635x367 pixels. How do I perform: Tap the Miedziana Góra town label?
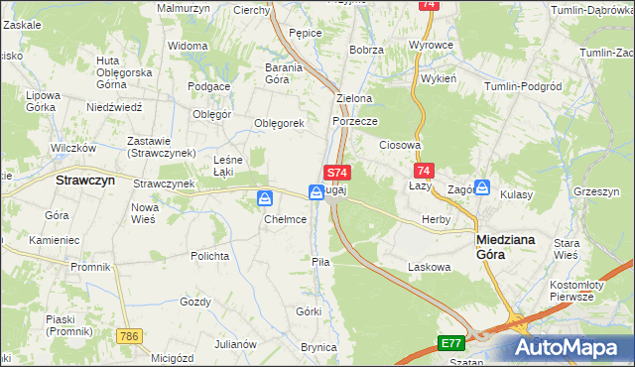[505, 246]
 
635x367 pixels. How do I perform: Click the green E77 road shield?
[451, 343]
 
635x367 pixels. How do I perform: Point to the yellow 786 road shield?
[126, 337]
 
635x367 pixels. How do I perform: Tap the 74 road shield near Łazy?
[425, 171]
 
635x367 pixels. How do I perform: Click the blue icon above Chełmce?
[266, 199]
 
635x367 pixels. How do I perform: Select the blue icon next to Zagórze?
[481, 186]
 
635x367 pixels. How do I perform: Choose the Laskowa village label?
[430, 267]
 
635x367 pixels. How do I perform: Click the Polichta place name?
[210, 256]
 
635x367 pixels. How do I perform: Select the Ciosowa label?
[401, 144]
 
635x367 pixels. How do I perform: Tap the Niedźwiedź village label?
[115, 106]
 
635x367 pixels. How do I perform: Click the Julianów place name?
[236, 344]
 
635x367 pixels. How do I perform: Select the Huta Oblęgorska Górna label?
[123, 71]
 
